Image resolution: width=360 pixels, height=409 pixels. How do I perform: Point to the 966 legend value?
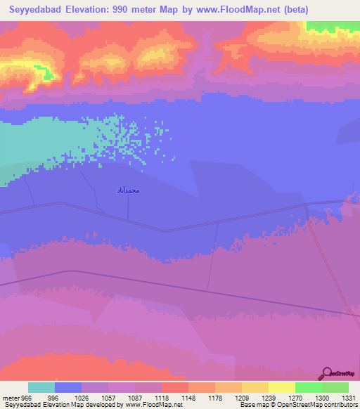point(27,397)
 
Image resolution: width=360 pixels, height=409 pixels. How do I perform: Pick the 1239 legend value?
point(258,397)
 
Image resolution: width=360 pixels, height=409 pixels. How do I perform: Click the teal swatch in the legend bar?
point(41,387)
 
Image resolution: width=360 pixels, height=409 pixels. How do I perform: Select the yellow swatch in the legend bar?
point(281,387)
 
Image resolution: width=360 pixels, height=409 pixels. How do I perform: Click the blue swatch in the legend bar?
point(68,387)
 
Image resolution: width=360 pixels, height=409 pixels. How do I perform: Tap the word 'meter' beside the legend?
point(9,397)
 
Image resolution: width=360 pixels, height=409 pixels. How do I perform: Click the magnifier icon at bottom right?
point(327,373)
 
